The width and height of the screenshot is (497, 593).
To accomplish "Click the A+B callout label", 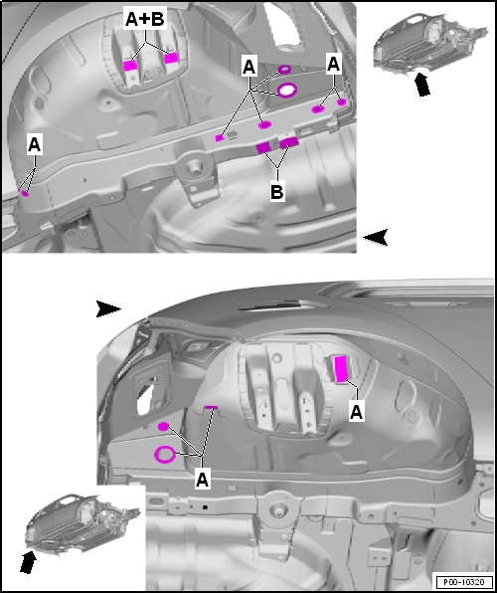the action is click(145, 20).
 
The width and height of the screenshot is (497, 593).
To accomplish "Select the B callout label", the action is click(277, 192).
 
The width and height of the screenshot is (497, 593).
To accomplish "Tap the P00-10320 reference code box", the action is click(465, 581).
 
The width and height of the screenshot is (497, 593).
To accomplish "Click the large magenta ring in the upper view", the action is click(287, 90).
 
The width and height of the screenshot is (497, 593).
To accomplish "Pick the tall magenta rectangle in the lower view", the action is click(341, 369).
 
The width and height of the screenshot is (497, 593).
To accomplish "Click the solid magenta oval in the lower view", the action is click(163, 427).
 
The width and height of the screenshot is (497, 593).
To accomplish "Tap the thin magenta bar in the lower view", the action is click(212, 407).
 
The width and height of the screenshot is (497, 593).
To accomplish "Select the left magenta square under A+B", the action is click(130, 66).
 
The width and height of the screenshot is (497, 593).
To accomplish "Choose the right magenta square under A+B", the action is click(171, 58).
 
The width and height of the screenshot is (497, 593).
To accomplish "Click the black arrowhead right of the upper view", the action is click(376, 238).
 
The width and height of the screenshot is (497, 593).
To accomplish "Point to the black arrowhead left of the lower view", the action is click(108, 309).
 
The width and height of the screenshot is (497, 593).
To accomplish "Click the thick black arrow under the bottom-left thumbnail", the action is click(28, 563).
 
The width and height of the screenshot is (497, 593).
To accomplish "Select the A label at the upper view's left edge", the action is click(34, 145).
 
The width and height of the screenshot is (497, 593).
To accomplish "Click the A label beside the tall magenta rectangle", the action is click(356, 412).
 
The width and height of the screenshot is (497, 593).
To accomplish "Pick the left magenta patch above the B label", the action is click(262, 147).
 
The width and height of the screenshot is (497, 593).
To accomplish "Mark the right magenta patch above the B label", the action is click(289, 142).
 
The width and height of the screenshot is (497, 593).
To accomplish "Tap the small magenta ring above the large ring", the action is click(284, 70).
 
